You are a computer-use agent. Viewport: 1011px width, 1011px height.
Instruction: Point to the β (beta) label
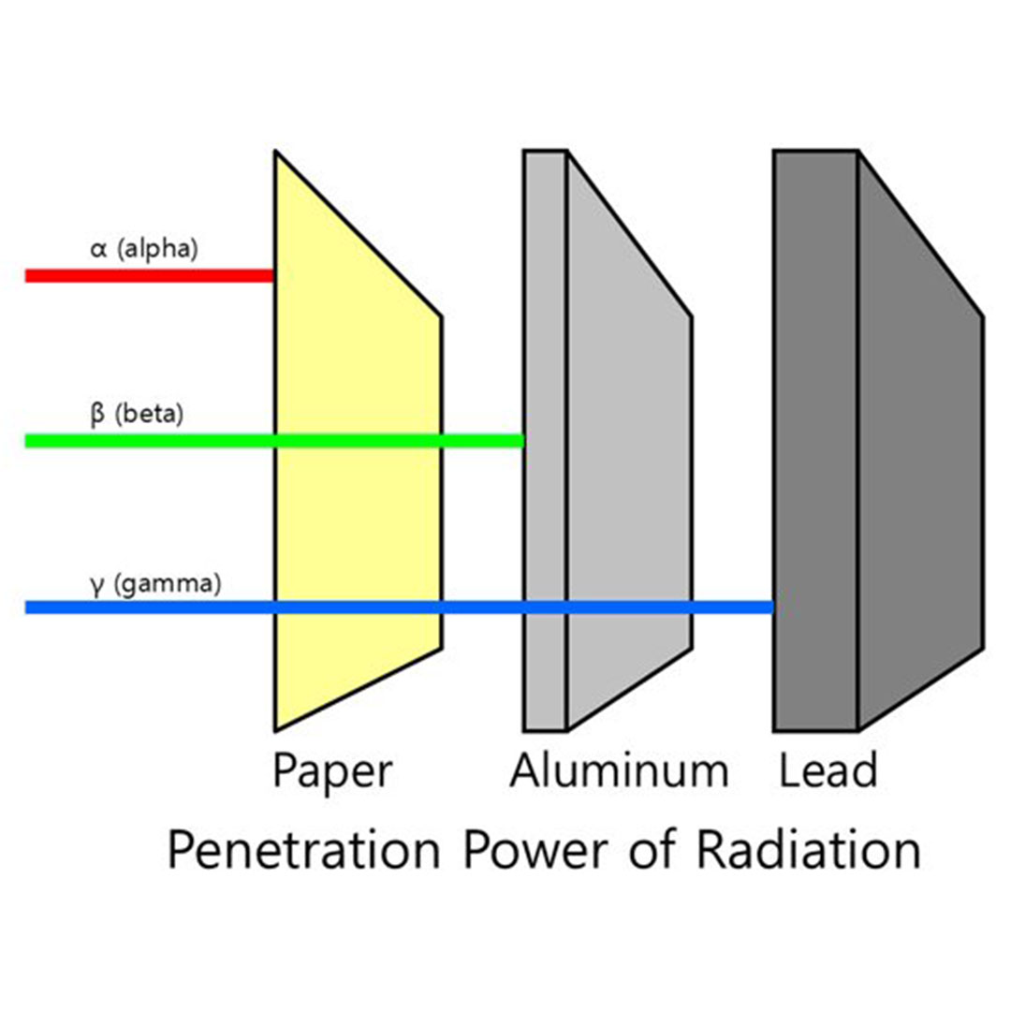pos(137,414)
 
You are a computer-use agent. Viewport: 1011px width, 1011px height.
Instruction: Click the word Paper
pos(332,771)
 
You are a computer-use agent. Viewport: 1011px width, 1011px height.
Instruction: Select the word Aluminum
pos(619,771)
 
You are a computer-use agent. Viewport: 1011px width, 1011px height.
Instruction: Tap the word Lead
pos(828,771)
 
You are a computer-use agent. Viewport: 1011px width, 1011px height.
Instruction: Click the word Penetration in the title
pos(303,852)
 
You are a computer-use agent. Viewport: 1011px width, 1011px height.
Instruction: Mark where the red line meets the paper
pos(273,275)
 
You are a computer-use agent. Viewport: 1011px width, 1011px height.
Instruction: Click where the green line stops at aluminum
pos(522,441)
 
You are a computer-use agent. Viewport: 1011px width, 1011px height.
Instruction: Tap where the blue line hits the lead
pos(773,608)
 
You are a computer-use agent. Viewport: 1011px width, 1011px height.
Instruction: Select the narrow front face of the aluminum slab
pos(545,374)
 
